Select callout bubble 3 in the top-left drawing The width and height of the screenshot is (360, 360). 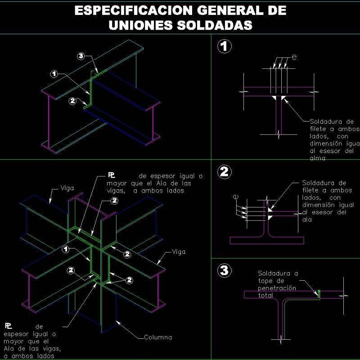(x=81, y=56)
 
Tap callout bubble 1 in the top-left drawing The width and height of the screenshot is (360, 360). (x=54, y=73)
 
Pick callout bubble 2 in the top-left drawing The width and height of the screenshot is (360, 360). (x=73, y=101)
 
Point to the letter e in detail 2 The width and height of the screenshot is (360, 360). (x=235, y=197)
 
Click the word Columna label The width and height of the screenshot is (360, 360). (x=158, y=337)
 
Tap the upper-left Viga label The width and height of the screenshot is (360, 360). (x=67, y=188)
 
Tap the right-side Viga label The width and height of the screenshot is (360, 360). (x=179, y=252)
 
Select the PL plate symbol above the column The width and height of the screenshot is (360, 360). (x=111, y=175)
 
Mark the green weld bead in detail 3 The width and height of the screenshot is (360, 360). (x=319, y=293)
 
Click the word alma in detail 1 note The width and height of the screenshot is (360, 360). (x=317, y=158)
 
